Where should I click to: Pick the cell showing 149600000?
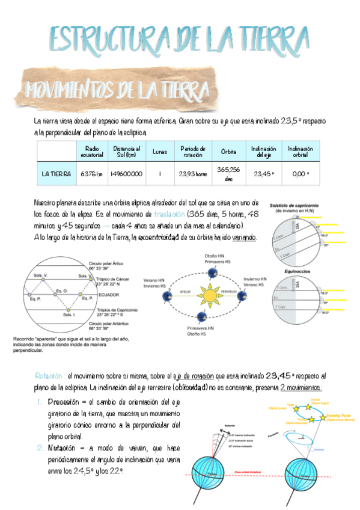pyautogui.click(x=126, y=174)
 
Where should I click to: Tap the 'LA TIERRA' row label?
pyautogui.click(x=56, y=174)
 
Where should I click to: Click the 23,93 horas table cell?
pyautogui.click(x=192, y=174)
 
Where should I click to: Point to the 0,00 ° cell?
pyautogui.click(x=301, y=174)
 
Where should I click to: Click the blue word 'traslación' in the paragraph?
pyautogui.click(x=169, y=215)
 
